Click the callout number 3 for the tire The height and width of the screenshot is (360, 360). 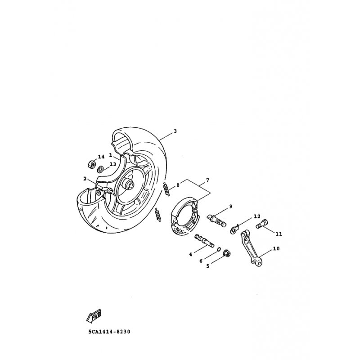pos(175,131)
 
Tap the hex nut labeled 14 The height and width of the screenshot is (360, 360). pos(91,164)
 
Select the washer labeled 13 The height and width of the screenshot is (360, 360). pos(100,170)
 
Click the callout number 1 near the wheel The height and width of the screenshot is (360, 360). pos(110,155)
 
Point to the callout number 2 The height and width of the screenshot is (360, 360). pos(85,178)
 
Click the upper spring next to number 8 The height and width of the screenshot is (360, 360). pos(167,189)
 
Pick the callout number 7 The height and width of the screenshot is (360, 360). pos(207,180)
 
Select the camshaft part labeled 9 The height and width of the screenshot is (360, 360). pos(216,220)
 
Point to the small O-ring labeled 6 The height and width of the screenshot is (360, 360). pos(219,250)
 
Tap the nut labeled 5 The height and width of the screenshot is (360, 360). pos(227,253)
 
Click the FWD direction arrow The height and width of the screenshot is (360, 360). pos(94,315)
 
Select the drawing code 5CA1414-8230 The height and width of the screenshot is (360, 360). pos(109,332)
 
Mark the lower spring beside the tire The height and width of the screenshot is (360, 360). pos(158,215)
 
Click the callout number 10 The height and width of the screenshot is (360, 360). pos(276,248)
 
